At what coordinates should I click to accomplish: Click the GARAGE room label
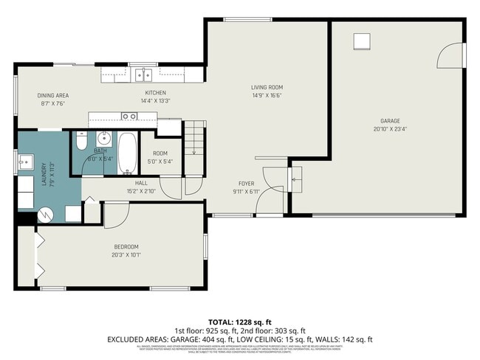tap(390, 120)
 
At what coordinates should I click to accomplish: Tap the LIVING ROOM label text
tap(267, 88)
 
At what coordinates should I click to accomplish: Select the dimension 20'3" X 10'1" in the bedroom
tap(126, 255)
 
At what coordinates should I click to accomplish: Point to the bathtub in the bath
tap(127, 151)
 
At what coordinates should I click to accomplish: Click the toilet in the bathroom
tap(80, 140)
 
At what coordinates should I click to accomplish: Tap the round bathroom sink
tap(104, 138)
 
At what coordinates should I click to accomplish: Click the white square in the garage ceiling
tap(362, 41)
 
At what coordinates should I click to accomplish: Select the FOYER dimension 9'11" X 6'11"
tap(246, 192)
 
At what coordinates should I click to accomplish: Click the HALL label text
tap(141, 183)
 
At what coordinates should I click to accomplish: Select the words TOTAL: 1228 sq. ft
tap(240, 322)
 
